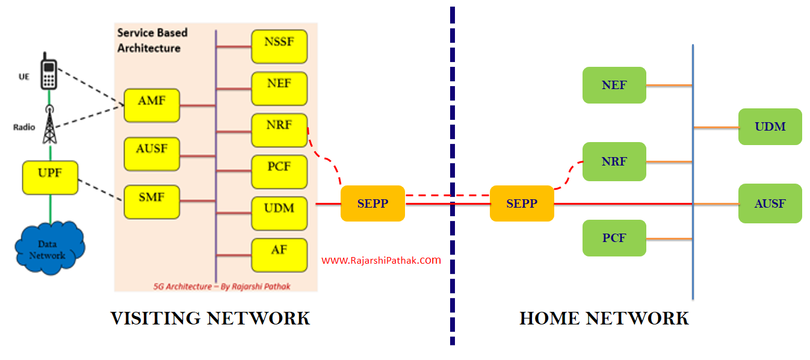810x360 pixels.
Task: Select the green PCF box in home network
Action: (614, 238)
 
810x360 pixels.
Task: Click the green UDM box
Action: (770, 126)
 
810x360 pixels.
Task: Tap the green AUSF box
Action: (770, 203)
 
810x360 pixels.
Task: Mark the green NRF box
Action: (614, 161)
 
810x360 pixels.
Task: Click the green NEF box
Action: (614, 85)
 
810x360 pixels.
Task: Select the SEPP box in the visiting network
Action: (373, 203)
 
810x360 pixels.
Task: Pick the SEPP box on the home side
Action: (522, 203)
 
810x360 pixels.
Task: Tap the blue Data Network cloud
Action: (49, 248)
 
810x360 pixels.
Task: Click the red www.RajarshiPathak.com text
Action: (381, 261)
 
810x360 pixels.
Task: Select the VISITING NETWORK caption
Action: (210, 318)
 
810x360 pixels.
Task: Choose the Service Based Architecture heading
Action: (152, 40)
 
